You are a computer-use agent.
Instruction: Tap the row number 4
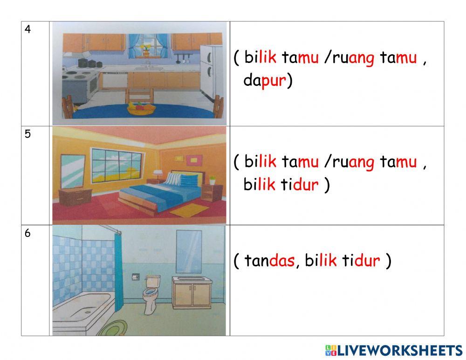click(x=28, y=29)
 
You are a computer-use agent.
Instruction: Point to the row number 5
click(x=28, y=134)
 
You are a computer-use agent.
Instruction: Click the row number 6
click(x=28, y=234)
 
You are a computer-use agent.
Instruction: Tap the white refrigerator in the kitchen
click(x=211, y=72)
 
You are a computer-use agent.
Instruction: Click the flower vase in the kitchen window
click(x=146, y=50)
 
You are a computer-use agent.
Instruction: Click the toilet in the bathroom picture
click(x=151, y=294)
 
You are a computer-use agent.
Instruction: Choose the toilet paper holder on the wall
click(x=136, y=276)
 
